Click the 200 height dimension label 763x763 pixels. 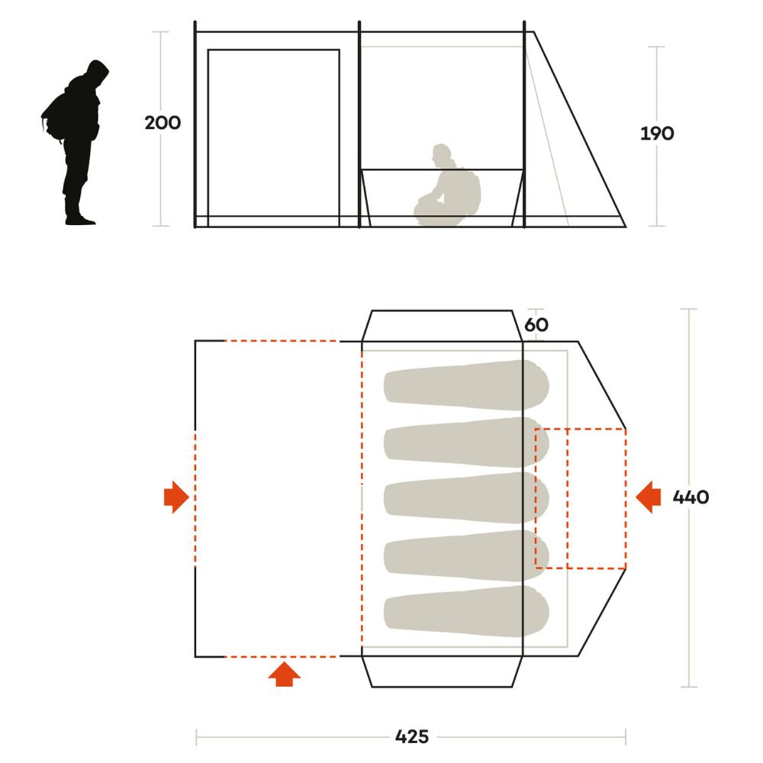163,123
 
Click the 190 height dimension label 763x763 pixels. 657,134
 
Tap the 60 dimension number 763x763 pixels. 536,324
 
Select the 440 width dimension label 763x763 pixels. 691,497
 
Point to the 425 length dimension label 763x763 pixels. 412,736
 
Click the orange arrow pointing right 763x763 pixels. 177,497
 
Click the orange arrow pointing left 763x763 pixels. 648,497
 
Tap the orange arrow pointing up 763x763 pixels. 284,674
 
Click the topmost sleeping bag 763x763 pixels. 466,385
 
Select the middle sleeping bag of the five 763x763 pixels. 466,497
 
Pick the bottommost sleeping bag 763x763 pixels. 466,610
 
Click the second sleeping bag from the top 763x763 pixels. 466,442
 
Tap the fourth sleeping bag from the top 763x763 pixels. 466,555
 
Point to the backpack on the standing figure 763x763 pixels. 53,117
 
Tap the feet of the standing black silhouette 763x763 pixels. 79,219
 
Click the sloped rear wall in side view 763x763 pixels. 580,130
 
